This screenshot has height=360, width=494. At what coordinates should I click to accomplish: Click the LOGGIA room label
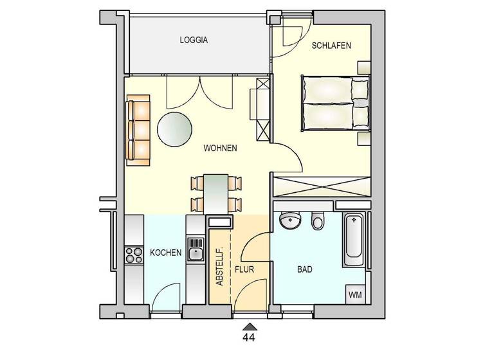point(194,40)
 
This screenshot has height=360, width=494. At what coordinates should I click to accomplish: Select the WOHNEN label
point(220,148)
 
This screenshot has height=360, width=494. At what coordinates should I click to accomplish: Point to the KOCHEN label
point(165,253)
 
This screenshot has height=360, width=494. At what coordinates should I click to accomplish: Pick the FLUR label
point(244,270)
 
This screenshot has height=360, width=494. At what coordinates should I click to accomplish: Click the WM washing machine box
point(355,294)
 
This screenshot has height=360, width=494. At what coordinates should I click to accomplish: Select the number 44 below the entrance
point(248,336)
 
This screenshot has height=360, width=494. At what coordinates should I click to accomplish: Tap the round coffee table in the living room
point(174,129)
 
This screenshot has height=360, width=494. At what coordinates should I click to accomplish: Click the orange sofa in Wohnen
point(138,129)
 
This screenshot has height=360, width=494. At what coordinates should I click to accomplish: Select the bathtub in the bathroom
point(353,241)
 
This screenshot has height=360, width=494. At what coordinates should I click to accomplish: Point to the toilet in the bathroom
point(317,222)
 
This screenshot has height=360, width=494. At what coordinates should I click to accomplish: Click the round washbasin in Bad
point(291,221)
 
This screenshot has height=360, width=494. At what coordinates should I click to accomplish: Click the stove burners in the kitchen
point(134,255)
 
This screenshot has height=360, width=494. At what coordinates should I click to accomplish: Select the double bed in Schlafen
point(334,104)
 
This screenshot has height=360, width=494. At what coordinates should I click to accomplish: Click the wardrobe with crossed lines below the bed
point(322,186)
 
